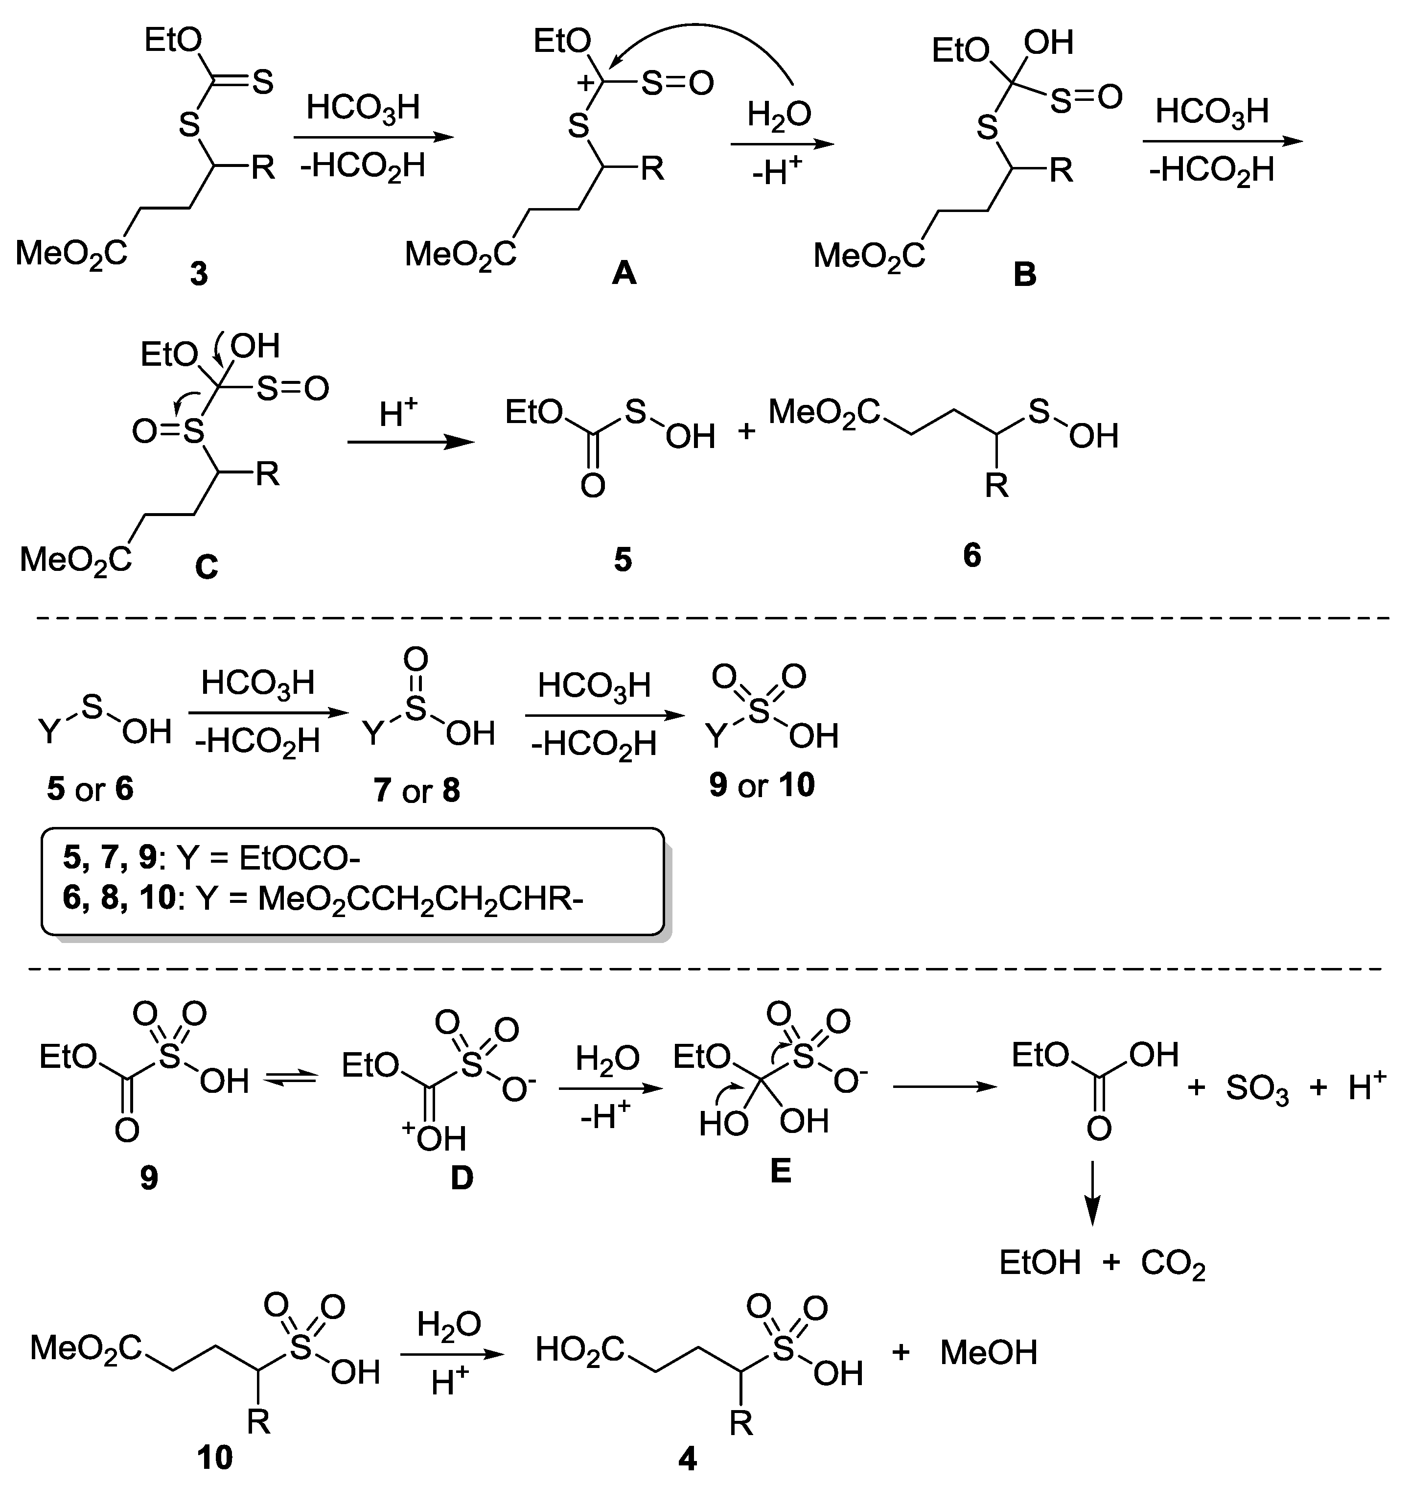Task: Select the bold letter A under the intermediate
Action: click(x=624, y=274)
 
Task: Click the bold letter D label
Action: click(x=462, y=1178)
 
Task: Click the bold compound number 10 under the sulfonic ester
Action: click(x=215, y=1458)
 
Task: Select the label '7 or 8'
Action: click(x=416, y=791)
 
